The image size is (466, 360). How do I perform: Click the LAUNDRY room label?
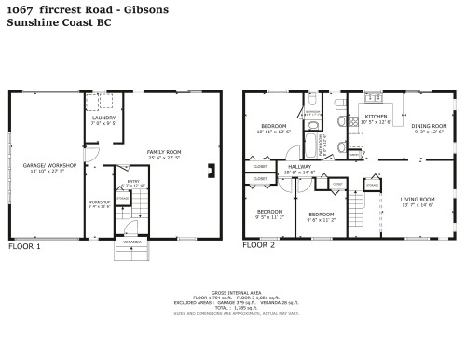click(x=103, y=118)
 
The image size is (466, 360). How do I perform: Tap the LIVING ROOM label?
click(x=418, y=199)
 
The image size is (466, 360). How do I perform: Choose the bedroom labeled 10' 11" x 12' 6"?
click(x=273, y=127)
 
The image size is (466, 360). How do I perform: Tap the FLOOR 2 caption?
click(x=259, y=246)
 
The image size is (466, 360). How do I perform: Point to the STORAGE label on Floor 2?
click(x=372, y=186)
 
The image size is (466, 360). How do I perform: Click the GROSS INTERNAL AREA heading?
click(x=233, y=292)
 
